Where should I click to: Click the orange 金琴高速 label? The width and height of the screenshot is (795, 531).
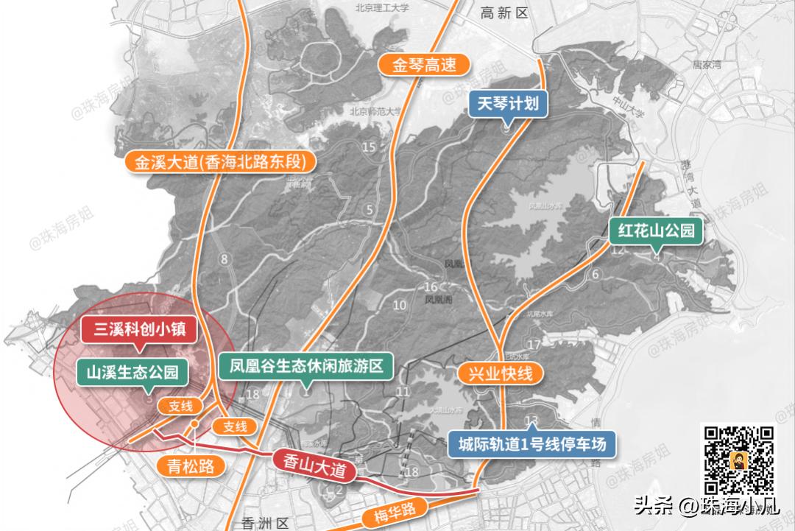point(424,64)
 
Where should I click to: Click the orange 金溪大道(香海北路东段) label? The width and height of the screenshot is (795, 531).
point(219,163)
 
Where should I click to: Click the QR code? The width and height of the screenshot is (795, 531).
point(740,461)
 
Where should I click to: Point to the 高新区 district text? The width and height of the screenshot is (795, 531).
point(504,13)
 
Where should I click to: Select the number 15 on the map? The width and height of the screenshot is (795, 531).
point(369,147)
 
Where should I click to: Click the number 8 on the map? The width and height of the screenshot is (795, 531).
point(224,259)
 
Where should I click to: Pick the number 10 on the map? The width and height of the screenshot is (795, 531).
point(400,305)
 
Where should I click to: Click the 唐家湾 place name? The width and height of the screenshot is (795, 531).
point(709,65)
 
